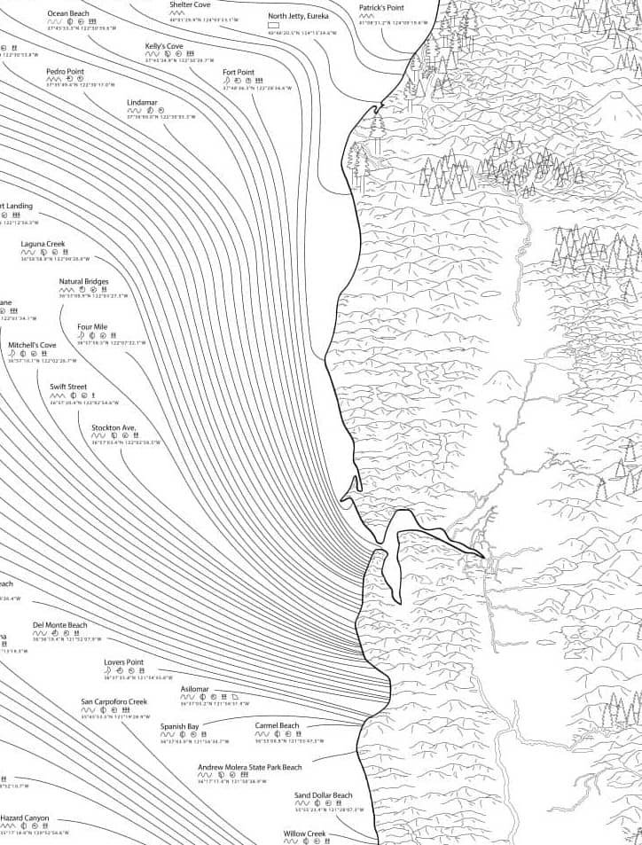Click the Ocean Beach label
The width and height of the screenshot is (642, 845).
[x=67, y=14]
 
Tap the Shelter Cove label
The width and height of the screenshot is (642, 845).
[x=190, y=4]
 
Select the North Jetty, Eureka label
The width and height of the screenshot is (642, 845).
[x=298, y=16]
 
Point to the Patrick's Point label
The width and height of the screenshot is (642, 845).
[x=381, y=7]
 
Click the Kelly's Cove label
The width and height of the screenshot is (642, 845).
[x=165, y=45]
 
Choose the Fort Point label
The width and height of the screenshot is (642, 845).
[x=238, y=72]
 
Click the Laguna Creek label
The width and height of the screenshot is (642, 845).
[x=43, y=244]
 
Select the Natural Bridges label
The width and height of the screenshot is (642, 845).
[x=84, y=282]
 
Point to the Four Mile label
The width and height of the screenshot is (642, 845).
[x=92, y=327]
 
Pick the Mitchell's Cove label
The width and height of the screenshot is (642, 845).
[x=32, y=345]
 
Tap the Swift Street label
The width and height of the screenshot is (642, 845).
[x=68, y=387]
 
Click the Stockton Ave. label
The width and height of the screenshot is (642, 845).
[x=114, y=427]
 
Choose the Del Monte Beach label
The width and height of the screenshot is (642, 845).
[x=60, y=625]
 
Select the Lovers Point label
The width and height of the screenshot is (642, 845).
[x=123, y=662]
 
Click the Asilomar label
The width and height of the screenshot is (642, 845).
[x=194, y=689]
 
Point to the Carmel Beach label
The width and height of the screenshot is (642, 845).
[x=278, y=725]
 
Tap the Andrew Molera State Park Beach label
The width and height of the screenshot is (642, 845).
[x=249, y=767]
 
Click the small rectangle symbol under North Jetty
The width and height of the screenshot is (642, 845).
[x=273, y=25]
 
